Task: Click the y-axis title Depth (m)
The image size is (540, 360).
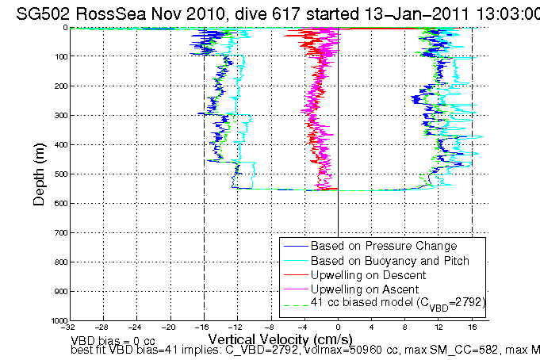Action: pos(39,174)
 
